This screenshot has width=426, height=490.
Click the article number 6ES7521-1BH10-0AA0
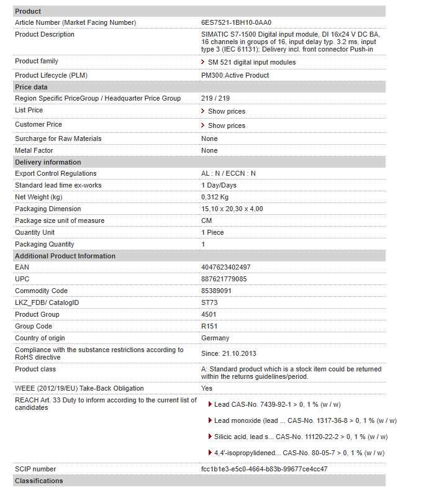(237, 22)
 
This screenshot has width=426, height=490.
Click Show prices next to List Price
(226, 111)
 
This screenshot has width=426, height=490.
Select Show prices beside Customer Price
(226, 125)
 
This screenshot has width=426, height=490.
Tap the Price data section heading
(31, 87)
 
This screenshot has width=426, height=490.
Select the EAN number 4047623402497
(225, 267)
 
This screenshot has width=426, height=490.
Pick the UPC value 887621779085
(224, 279)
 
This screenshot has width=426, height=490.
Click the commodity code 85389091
(217, 291)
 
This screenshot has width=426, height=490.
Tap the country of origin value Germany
(215, 338)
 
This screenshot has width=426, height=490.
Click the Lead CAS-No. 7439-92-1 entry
(277, 404)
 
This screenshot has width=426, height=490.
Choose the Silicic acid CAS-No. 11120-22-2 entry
(301, 437)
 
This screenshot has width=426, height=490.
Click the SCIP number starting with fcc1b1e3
(264, 469)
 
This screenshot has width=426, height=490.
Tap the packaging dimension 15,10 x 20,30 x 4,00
(232, 209)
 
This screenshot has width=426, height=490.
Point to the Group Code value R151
(209, 326)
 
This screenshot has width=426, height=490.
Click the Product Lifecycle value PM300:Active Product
(235, 75)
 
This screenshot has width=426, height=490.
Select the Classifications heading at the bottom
(39, 481)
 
